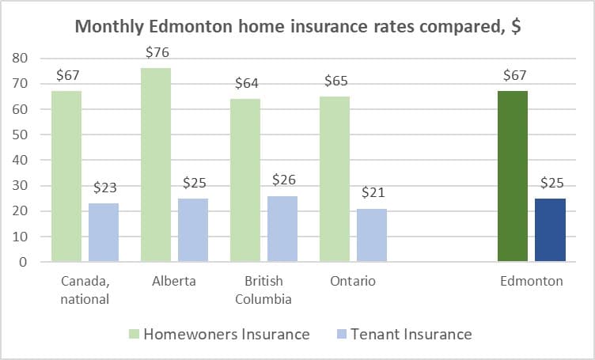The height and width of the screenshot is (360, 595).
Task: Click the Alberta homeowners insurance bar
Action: (x=156, y=165)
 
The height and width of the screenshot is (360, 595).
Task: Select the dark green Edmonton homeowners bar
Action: (x=513, y=176)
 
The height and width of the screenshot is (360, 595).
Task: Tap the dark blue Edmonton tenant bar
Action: (x=550, y=230)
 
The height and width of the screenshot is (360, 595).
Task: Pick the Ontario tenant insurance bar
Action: (x=372, y=235)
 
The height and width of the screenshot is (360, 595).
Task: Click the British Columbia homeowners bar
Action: (x=245, y=180)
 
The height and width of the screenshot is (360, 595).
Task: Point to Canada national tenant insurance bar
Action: (x=104, y=233)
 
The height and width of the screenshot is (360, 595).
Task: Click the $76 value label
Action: (x=157, y=52)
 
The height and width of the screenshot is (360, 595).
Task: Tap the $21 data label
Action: (x=373, y=192)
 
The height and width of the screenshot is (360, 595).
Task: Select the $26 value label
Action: (x=284, y=180)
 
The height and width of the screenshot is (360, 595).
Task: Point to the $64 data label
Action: (x=247, y=83)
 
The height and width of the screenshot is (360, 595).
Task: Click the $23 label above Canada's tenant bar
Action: (x=105, y=188)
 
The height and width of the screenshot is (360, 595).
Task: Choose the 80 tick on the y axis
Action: (x=20, y=58)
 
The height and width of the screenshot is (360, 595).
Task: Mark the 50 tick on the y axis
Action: (x=20, y=135)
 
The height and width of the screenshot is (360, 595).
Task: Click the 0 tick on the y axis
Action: (x=24, y=262)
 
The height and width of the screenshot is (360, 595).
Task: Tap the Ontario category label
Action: (x=353, y=281)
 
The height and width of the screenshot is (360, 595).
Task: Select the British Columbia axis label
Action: (x=263, y=290)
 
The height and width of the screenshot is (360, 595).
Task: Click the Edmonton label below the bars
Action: (x=531, y=281)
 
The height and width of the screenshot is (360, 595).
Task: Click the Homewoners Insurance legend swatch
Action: (x=134, y=334)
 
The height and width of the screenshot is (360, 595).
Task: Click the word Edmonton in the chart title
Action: (x=190, y=27)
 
